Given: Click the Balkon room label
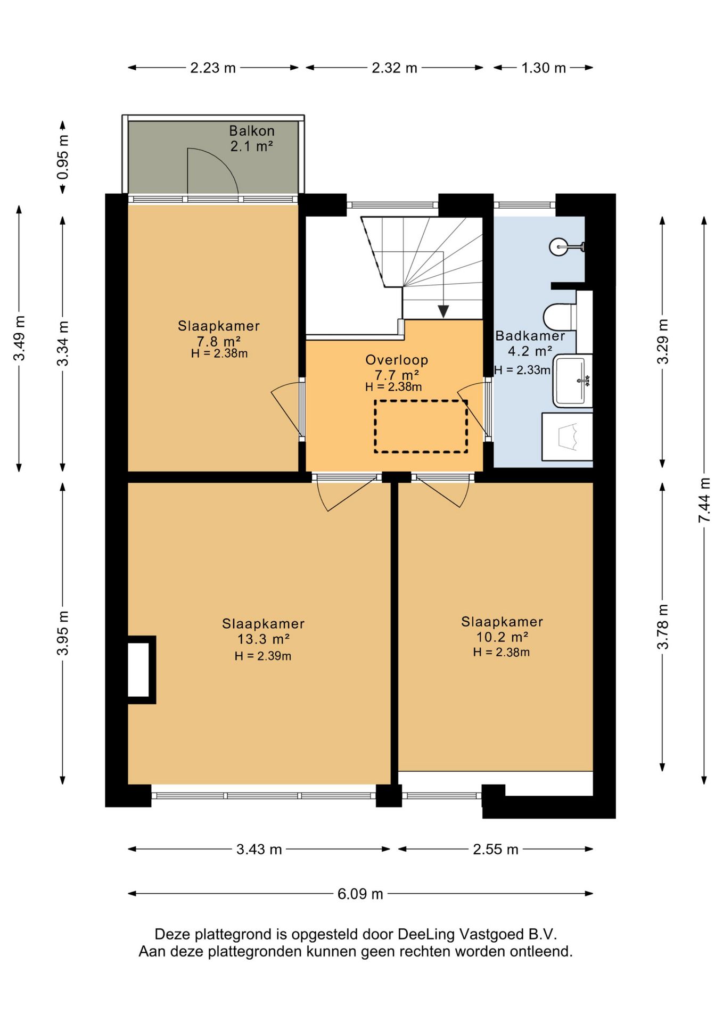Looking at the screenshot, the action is (x=252, y=130).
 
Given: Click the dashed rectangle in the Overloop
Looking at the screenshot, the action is (x=421, y=426).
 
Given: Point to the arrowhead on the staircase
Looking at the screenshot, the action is (x=443, y=312).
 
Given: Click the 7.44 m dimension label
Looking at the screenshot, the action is (x=704, y=500).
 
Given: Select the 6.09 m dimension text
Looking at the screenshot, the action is (x=360, y=894).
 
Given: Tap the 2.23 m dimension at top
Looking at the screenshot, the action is (x=213, y=68).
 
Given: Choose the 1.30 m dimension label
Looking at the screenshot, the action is (x=544, y=68).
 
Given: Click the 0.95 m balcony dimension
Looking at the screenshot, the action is (x=63, y=158).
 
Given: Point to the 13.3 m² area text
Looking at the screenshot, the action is (x=264, y=639).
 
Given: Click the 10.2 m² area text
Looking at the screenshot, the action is (x=502, y=637).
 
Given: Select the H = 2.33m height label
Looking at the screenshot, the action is (x=522, y=370).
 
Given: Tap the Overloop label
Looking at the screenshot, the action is (x=397, y=360).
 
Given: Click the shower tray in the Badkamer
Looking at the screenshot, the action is (x=567, y=436).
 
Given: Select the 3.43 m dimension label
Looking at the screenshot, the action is (x=259, y=849).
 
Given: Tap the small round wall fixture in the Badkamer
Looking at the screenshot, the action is (x=558, y=246).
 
